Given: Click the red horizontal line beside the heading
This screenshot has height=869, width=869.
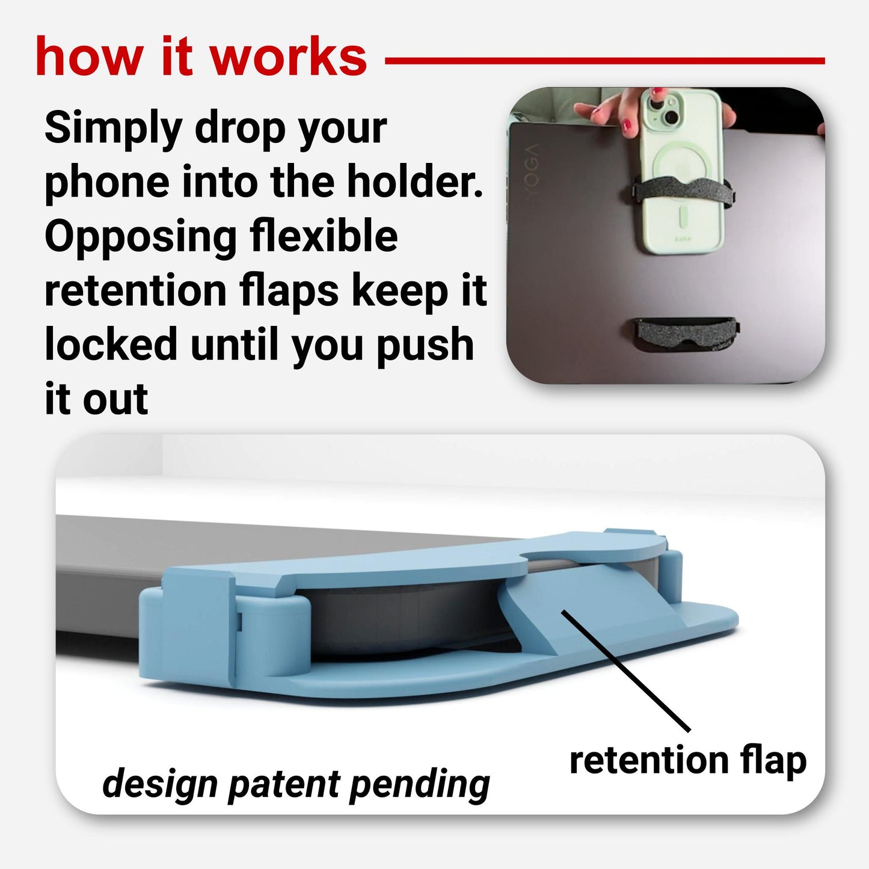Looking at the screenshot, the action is point(605,60).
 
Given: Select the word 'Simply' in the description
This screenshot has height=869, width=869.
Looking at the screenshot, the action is point(113,129).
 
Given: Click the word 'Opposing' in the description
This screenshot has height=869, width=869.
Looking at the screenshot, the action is point(140,237).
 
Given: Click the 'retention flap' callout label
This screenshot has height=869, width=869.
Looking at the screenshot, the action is point(688,761).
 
